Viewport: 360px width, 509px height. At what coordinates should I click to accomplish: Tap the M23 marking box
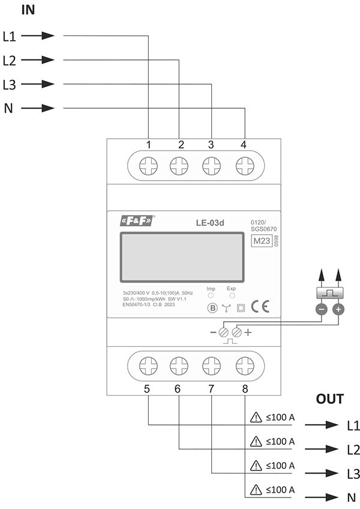click(260, 241)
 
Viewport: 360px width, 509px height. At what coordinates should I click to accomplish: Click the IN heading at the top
click(28, 10)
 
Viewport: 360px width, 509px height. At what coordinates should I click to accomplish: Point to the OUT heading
click(331, 399)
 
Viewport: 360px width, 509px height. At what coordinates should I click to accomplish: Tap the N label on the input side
click(8, 109)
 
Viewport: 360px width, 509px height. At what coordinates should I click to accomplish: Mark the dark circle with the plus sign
click(338, 309)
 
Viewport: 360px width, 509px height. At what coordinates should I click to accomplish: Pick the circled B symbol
click(211, 309)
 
